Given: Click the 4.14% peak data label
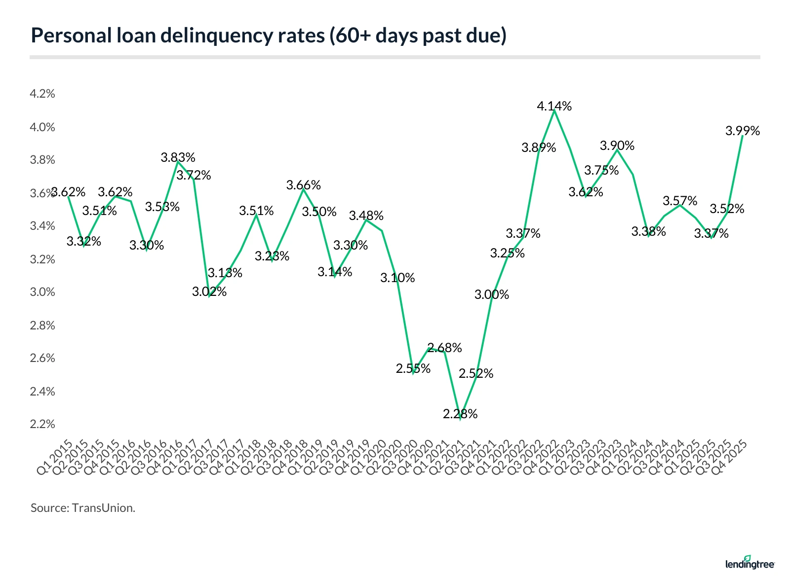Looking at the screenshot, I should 554,106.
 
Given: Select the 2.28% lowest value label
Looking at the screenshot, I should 460,414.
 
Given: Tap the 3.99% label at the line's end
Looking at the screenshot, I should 743,131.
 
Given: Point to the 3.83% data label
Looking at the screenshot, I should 178,157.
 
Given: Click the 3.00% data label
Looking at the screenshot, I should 492,294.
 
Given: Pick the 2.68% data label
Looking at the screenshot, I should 444,348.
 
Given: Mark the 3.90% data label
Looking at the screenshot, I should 617,145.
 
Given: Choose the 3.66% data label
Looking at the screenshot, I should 304,185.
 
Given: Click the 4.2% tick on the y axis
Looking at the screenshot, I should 42,94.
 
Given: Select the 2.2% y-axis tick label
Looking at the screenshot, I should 42,424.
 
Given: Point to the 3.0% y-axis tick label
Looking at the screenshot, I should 42,292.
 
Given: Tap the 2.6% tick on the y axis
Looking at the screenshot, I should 42,358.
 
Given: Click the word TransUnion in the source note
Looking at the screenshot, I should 103,508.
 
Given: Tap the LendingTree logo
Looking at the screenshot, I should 750,563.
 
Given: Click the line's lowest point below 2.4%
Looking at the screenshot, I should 460,419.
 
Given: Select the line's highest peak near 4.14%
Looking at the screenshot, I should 554,110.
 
